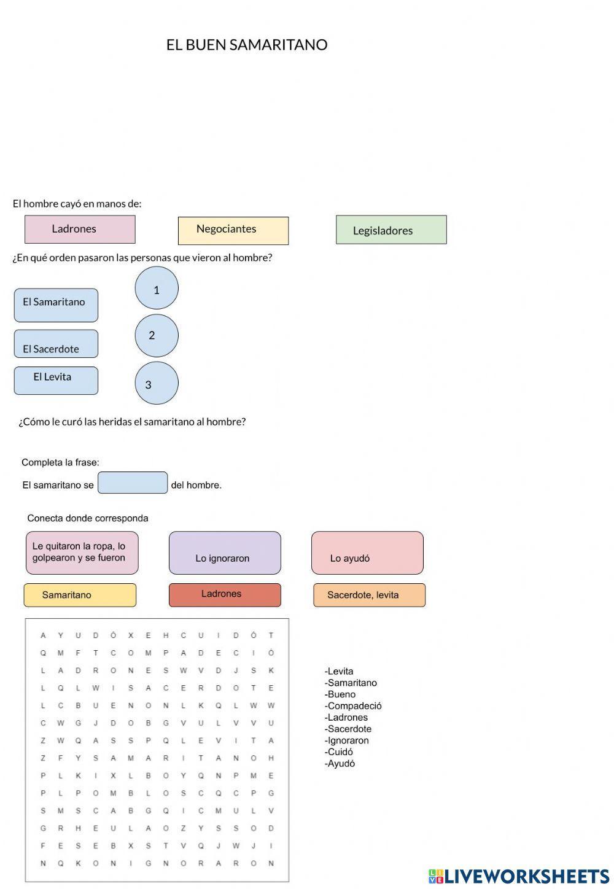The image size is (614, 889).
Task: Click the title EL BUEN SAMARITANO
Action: pos(247,45)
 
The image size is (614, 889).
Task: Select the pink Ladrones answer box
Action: pos(80,229)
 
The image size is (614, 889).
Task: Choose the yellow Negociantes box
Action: pos(233,230)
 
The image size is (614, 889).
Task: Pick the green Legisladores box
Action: pos(391,230)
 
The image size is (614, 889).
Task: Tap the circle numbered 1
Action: pos(157,288)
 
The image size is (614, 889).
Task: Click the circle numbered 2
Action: pos(157,335)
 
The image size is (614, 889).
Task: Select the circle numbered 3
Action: pos(157,383)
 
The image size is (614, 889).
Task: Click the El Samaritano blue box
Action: pos(56,305)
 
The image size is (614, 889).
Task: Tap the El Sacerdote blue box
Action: pos(56,344)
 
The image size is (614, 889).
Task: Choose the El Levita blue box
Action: pos(56,380)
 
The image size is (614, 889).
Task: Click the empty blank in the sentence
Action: pos(133,483)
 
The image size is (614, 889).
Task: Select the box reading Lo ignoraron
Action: pos(225,553)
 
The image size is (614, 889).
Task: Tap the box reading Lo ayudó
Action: pos(367,553)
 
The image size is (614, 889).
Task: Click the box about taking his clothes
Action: pos(82,553)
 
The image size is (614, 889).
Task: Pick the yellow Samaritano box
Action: pos(80,595)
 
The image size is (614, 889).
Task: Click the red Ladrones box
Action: pos(225,595)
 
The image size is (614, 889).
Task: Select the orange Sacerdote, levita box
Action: pos(369,595)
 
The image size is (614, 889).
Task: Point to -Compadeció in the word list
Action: pos(353,706)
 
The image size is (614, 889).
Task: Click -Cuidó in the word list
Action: pos(339,752)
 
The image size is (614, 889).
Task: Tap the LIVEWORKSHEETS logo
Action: pos(519,876)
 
